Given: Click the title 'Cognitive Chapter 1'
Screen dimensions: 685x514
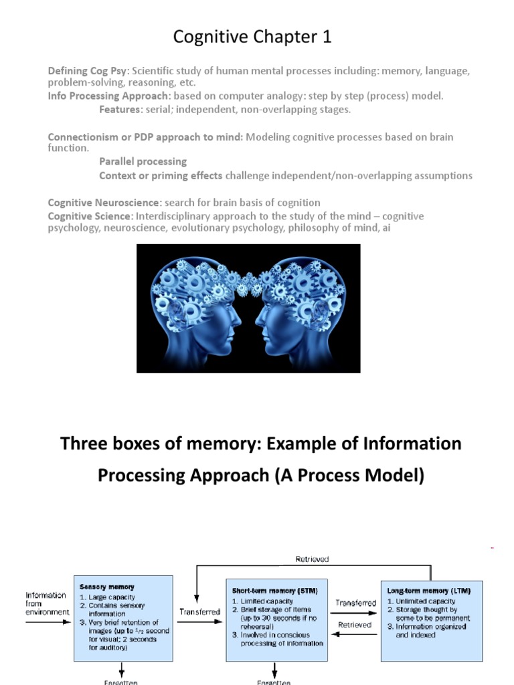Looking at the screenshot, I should pyautogui.click(x=252, y=37).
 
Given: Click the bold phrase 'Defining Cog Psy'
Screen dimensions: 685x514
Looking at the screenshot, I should pyautogui.click(x=88, y=71).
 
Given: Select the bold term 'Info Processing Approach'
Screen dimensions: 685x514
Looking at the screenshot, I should pyautogui.click(x=109, y=96).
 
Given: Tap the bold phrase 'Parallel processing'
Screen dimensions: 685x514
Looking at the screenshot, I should pyautogui.click(x=143, y=162).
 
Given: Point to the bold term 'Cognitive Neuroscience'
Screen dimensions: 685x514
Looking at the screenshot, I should pyautogui.click(x=104, y=203).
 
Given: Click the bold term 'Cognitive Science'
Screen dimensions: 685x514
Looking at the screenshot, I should pyautogui.click(x=90, y=216).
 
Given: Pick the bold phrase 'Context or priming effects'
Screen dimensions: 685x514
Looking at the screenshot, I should pyautogui.click(x=161, y=175).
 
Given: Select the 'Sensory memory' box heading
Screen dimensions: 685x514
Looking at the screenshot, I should pyautogui.click(x=106, y=587).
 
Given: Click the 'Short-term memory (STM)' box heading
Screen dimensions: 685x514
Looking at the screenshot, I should pyautogui.click(x=274, y=591).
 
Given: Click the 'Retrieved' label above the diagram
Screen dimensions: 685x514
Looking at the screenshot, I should pyautogui.click(x=312, y=559).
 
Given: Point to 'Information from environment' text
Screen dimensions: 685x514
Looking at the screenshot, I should pyautogui.click(x=46, y=603).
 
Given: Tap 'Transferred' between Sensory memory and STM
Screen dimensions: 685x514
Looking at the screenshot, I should pyautogui.click(x=199, y=611).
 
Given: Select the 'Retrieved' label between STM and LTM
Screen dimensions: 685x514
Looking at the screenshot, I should pyautogui.click(x=355, y=625).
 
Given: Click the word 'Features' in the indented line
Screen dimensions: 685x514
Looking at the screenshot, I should pyautogui.click(x=120, y=110).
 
